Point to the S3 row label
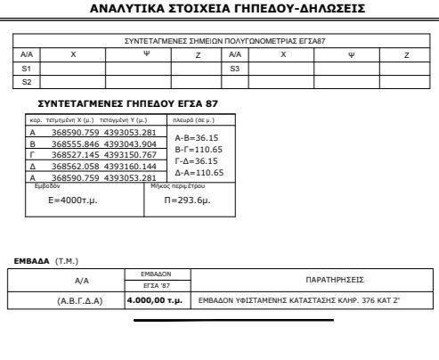(235, 68)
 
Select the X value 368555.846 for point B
(76, 143)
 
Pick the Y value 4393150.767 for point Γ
(130, 154)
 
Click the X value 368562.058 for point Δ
(76, 166)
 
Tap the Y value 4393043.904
(130, 143)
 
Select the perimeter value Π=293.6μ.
(187, 201)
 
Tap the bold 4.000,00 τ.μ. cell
(155, 300)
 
